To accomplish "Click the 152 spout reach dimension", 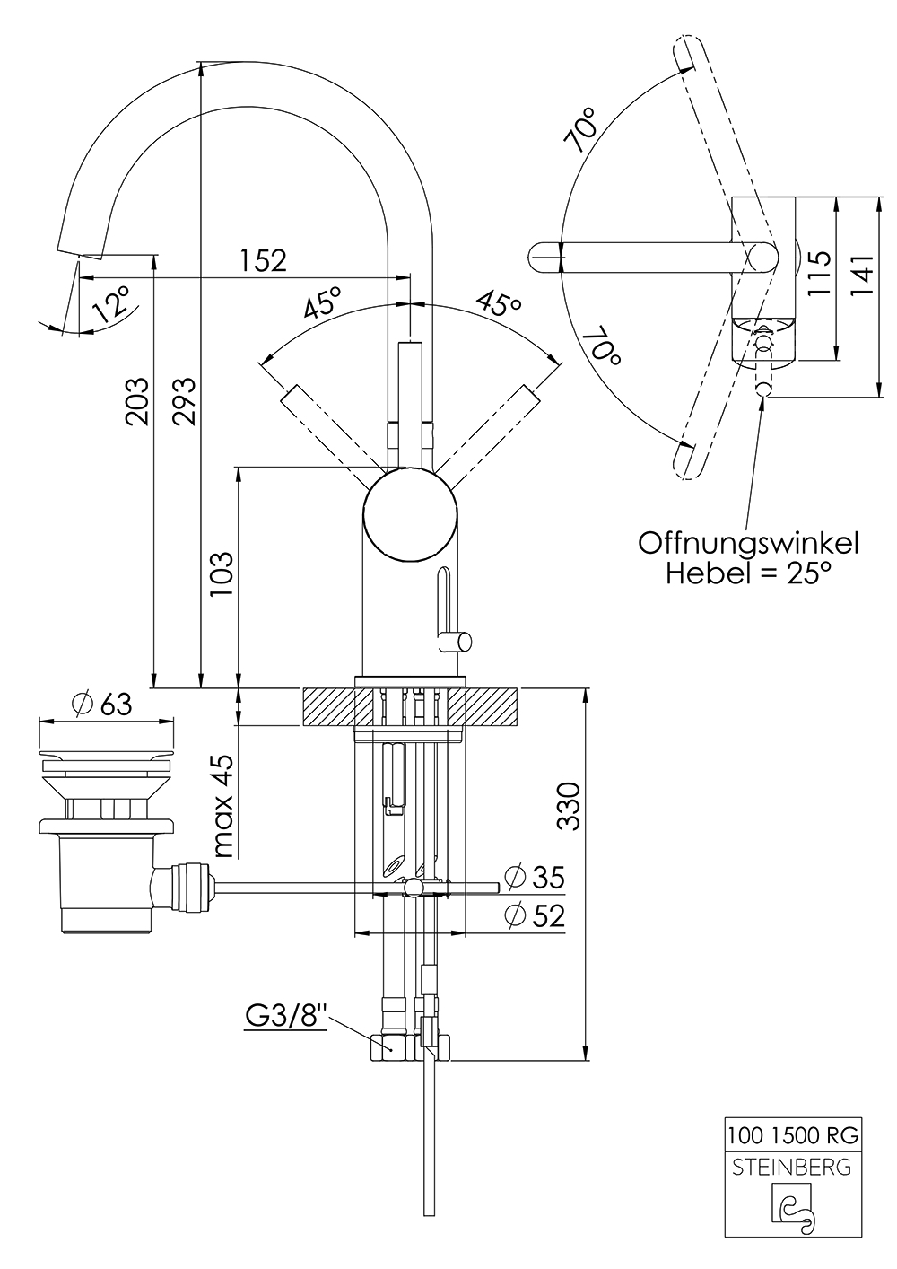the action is pyautogui.click(x=264, y=260).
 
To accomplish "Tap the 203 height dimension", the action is pyautogui.click(x=137, y=401).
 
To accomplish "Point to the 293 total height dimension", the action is pyautogui.click(x=185, y=401).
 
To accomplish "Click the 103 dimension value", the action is pyautogui.click(x=222, y=573).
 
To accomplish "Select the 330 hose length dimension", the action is pyautogui.click(x=569, y=807).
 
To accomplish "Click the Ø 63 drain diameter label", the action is pyautogui.click(x=102, y=705).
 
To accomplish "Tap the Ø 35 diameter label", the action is pyautogui.click(x=535, y=877).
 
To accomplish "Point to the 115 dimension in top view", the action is pyautogui.click(x=820, y=273).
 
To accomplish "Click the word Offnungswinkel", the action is pyautogui.click(x=749, y=544).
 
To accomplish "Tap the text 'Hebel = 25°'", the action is pyautogui.click(x=749, y=573).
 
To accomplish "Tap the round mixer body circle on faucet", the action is pyautogui.click(x=410, y=514).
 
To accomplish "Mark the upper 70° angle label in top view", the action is pyautogui.click(x=586, y=130).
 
